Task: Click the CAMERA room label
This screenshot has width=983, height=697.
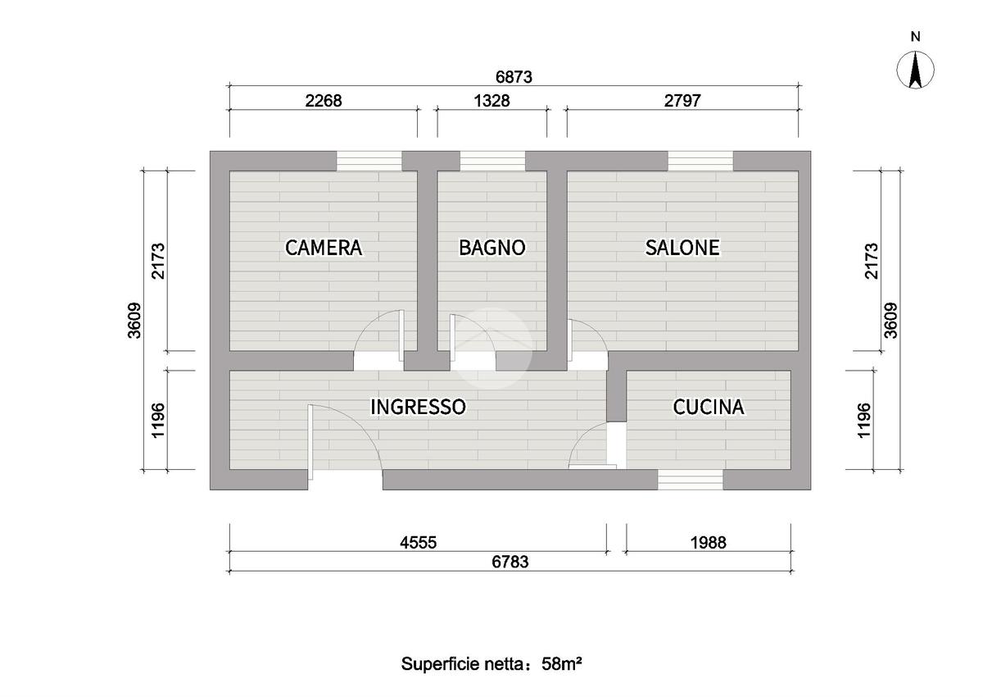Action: point(324,247)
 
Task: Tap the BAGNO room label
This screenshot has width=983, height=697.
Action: point(491,247)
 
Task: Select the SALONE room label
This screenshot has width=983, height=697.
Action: point(682,247)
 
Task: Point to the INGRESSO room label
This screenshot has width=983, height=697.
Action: point(419,406)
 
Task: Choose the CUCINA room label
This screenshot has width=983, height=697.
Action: point(709,406)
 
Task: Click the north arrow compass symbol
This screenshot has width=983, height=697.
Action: point(916,70)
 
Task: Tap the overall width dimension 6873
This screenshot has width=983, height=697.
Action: point(514,77)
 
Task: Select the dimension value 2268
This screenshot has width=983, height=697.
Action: point(323,101)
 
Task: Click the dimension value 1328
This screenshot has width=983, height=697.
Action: point(491,101)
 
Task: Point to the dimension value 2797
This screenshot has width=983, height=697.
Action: point(682,101)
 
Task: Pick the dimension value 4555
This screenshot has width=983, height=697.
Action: point(418,542)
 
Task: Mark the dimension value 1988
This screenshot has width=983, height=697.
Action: point(709,542)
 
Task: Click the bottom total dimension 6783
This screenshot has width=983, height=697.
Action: point(510,562)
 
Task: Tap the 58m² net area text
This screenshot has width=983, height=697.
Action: point(562,663)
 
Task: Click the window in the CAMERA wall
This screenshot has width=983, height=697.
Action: point(369,161)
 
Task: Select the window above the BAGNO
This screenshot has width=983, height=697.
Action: point(491,161)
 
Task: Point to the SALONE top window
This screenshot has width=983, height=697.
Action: point(700,161)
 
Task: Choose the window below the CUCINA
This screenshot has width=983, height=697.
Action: point(691,480)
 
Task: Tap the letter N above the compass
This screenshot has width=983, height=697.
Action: point(916,36)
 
